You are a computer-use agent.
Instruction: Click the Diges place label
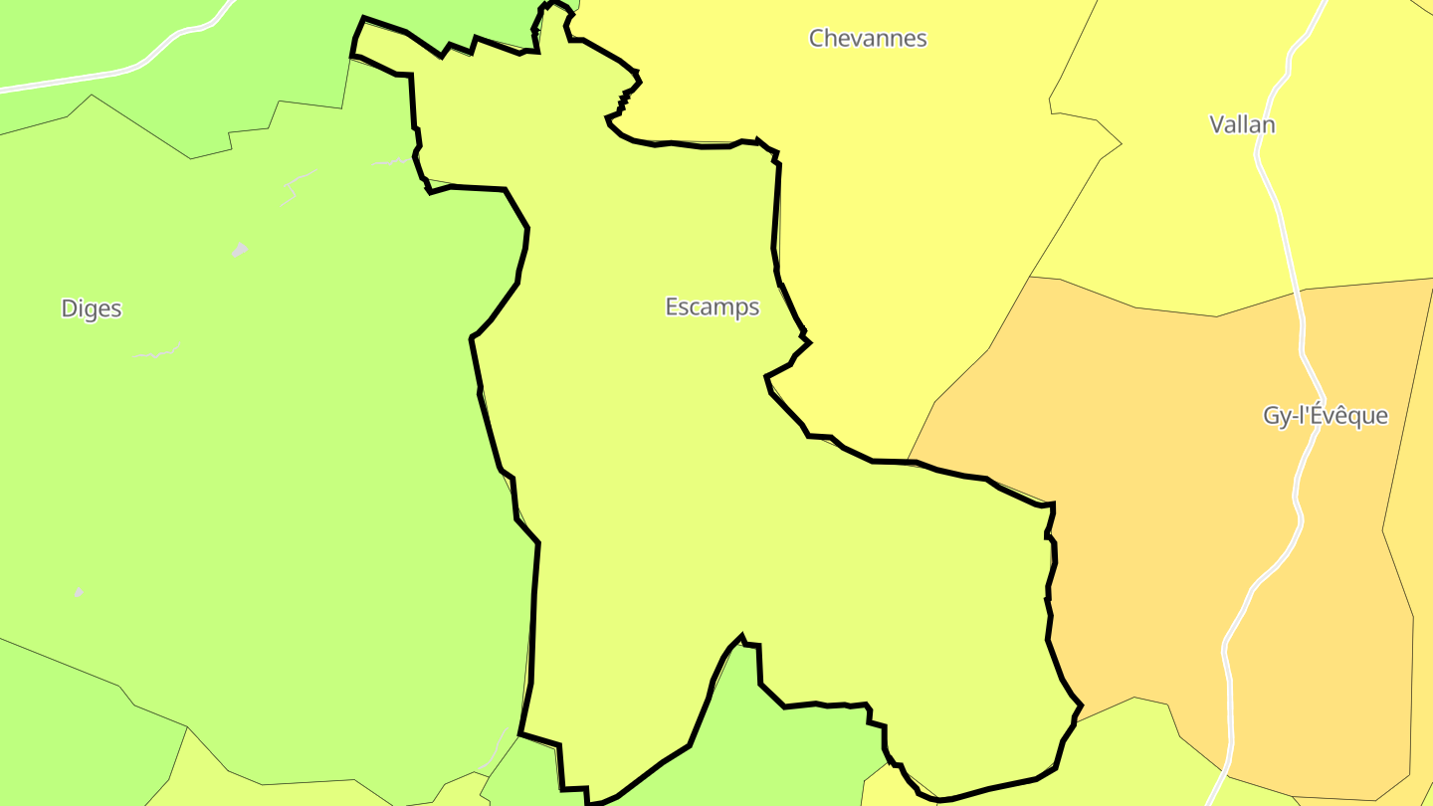(x=92, y=308)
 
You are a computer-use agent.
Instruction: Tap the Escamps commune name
(x=713, y=307)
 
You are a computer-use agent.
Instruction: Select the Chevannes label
(x=868, y=39)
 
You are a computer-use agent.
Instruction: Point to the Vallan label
(x=1242, y=125)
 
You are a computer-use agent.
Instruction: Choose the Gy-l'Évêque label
(x=1325, y=416)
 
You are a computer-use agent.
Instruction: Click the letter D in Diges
(x=69, y=308)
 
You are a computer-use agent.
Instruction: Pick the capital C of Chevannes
(x=817, y=39)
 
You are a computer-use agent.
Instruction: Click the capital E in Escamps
(x=672, y=307)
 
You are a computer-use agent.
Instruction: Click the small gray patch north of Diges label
(x=239, y=250)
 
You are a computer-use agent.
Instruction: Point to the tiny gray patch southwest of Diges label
(x=79, y=592)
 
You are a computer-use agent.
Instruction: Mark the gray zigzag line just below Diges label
(x=157, y=353)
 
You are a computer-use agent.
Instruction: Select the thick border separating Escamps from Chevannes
(x=776, y=219)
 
